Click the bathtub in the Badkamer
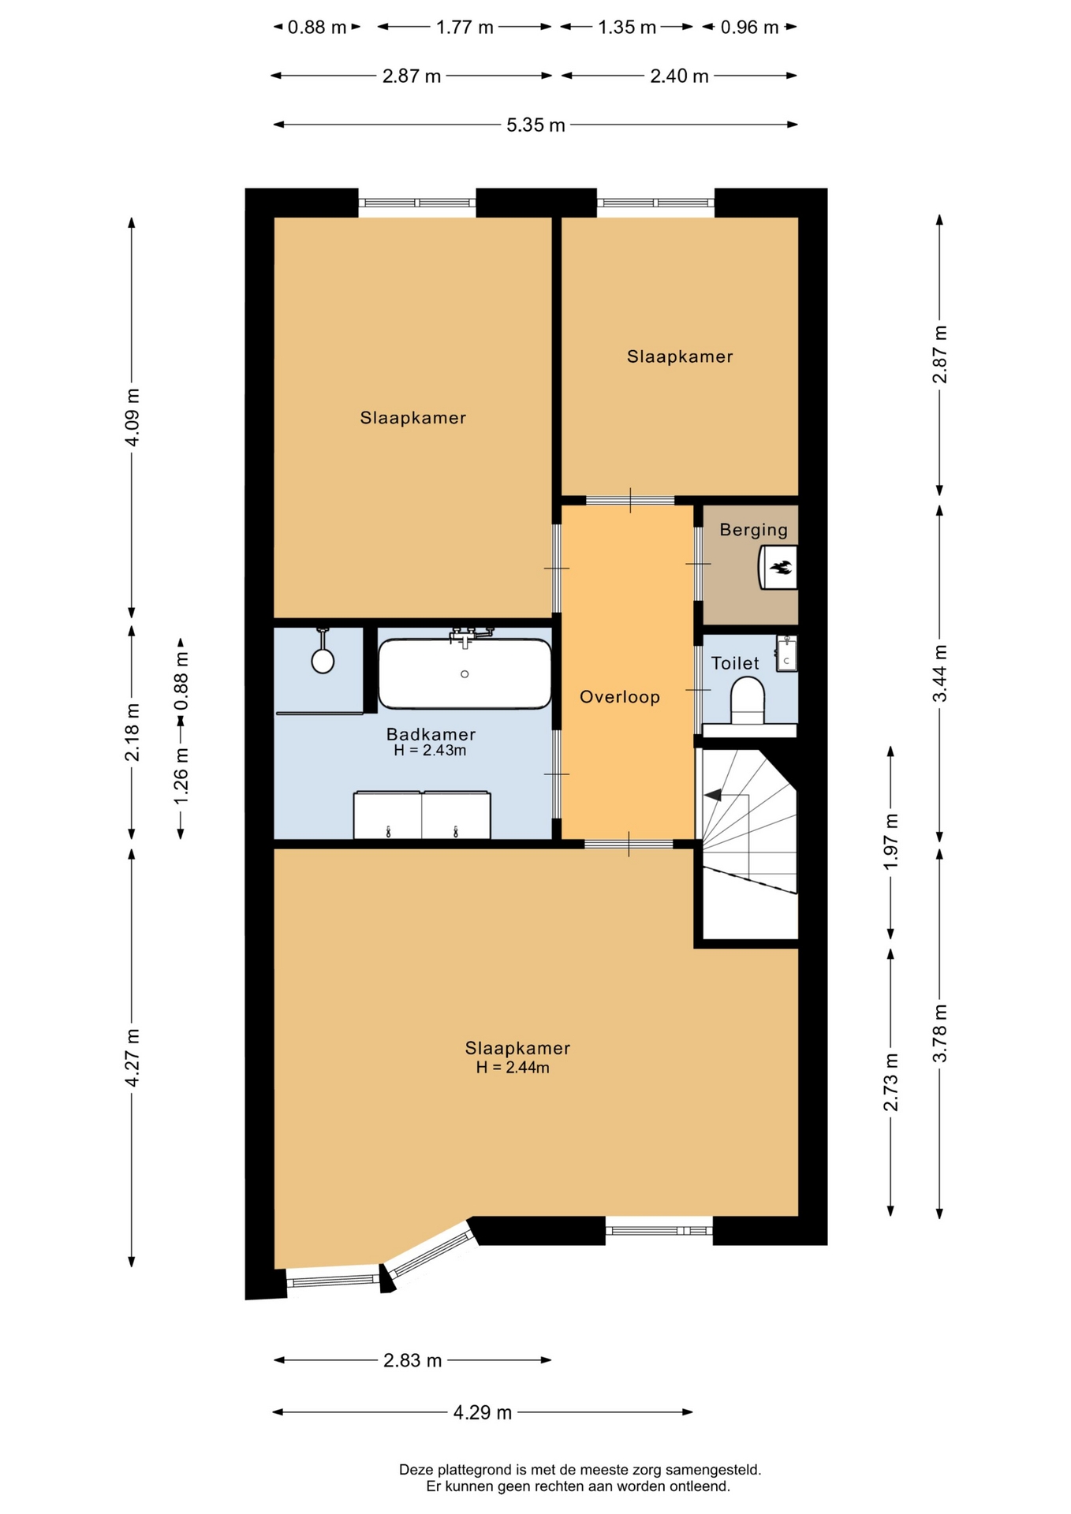(465, 673)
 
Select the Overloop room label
(620, 697)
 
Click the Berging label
(754, 530)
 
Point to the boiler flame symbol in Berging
(781, 567)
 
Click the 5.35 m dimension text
(535, 125)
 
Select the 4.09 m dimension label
(132, 417)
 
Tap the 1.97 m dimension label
(891, 841)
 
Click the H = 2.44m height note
(513, 1068)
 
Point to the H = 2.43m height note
(430, 751)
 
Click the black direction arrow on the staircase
(713, 796)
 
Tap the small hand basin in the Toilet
(786, 654)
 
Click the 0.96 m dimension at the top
(750, 28)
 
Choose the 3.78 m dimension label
(940, 1033)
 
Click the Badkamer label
(431, 734)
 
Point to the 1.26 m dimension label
(181, 776)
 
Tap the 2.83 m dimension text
(412, 1360)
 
